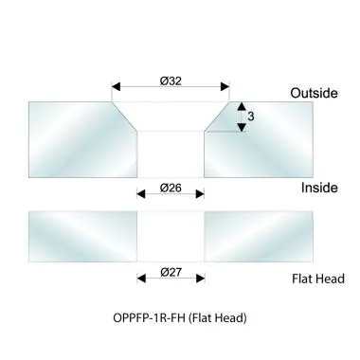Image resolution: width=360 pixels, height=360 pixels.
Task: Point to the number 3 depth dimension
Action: click(x=251, y=116)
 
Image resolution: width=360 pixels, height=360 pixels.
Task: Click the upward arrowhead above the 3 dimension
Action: click(x=242, y=105)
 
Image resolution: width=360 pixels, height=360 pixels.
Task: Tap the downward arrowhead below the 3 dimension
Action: click(x=242, y=127)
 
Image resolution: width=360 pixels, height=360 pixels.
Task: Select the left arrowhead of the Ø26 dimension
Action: click(x=140, y=194)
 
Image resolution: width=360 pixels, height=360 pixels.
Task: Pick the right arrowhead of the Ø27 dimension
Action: click(x=201, y=278)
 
